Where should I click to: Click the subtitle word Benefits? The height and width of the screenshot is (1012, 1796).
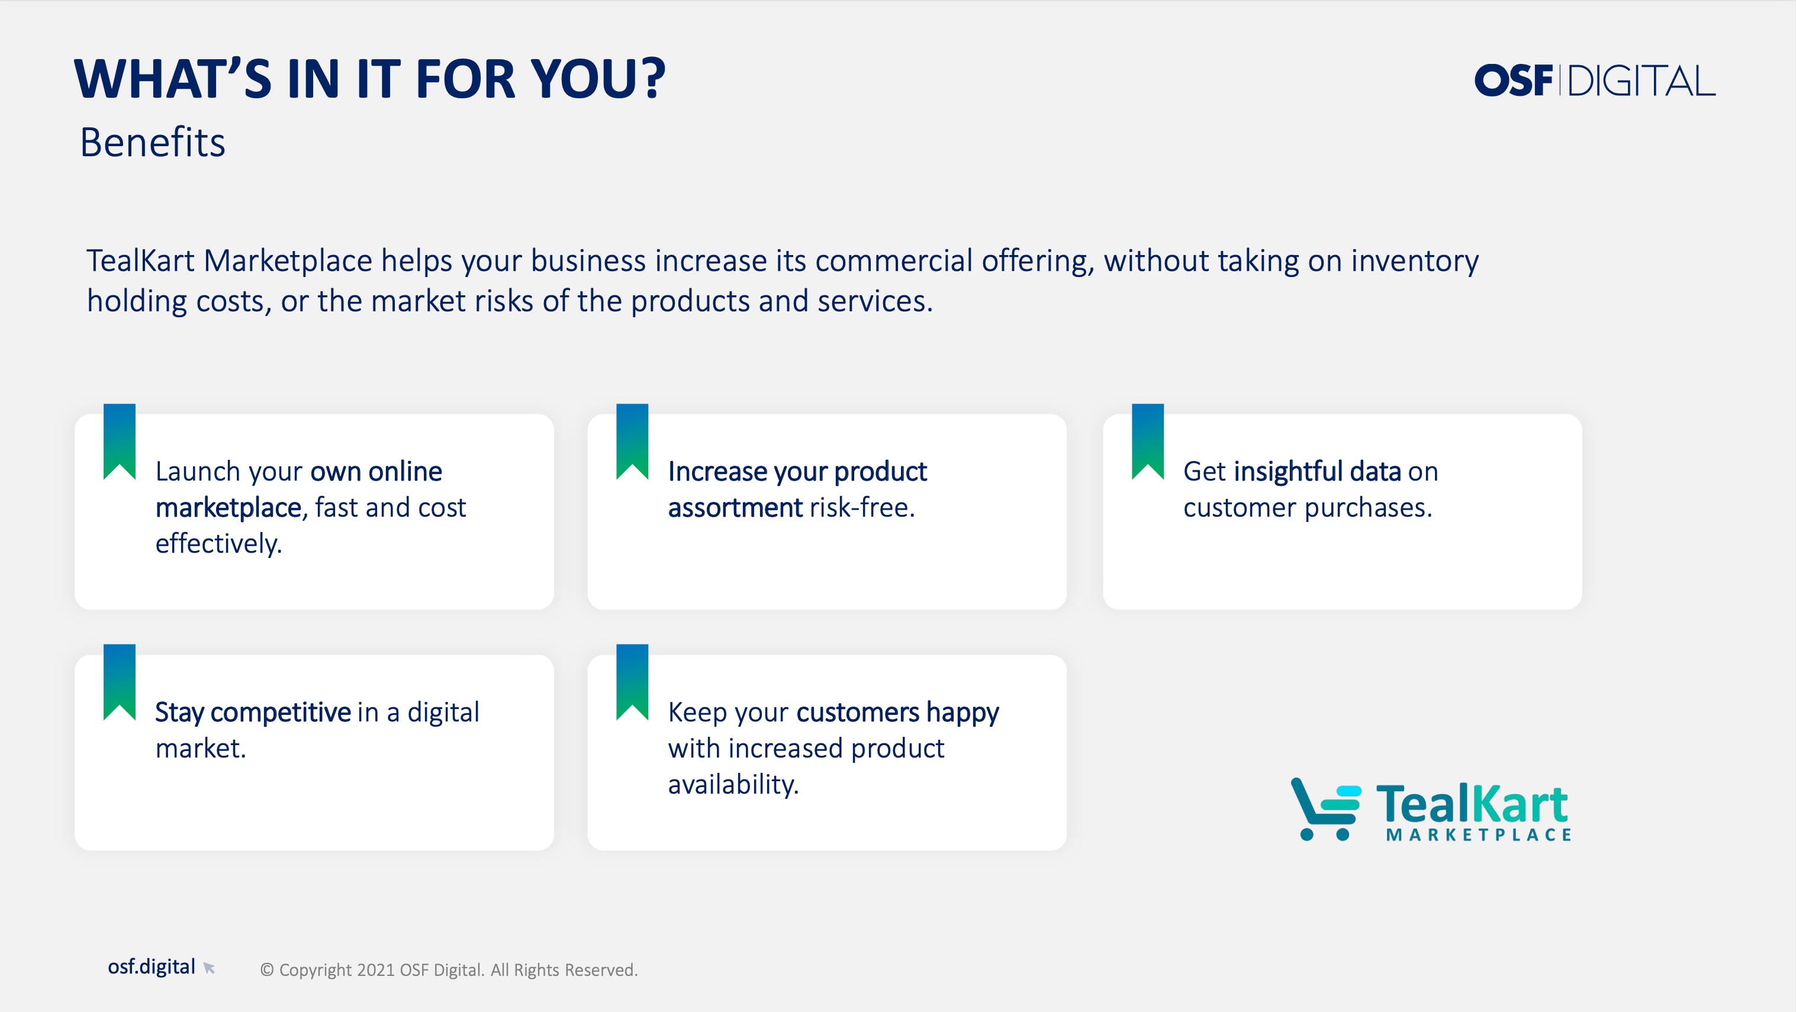(153, 143)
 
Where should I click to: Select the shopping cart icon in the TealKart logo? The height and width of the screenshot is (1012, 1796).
(1325, 809)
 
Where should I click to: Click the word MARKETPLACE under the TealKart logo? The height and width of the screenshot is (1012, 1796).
(1479, 835)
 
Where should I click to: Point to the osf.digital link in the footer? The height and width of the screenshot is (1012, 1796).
(152, 966)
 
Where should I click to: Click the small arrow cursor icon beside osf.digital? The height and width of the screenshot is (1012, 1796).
(208, 968)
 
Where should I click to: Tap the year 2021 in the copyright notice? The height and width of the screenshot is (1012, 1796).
(376, 970)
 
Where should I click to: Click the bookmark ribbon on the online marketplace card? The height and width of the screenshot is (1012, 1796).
(119, 442)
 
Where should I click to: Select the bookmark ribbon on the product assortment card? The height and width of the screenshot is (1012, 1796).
(632, 442)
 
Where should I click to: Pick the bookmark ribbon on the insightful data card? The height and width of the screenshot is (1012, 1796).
(1148, 442)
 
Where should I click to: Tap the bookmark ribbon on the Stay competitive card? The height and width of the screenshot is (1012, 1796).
(119, 682)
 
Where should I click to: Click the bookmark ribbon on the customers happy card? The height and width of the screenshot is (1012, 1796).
(632, 682)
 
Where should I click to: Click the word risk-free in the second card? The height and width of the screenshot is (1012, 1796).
(862, 507)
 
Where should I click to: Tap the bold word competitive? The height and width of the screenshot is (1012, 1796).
(281, 713)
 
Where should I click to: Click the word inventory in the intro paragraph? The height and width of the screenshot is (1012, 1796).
(1415, 262)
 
